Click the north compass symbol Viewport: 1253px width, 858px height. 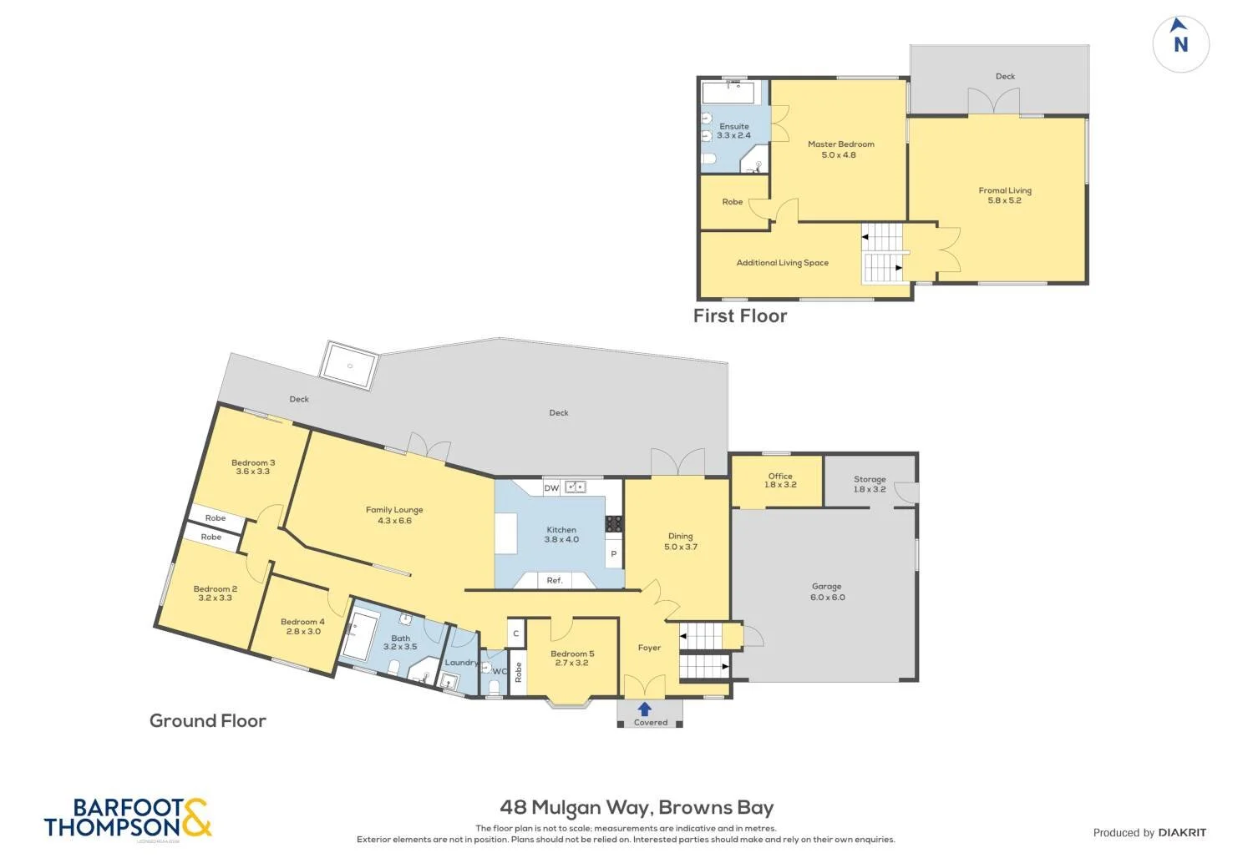pos(1181,44)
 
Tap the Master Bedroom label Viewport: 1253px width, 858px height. pos(840,144)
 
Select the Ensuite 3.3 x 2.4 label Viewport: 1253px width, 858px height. pos(734,131)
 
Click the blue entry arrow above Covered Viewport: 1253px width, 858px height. pos(644,709)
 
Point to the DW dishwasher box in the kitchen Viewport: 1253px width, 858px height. pos(551,488)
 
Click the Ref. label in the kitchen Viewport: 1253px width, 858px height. pos(555,580)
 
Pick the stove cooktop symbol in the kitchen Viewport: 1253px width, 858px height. pos(614,524)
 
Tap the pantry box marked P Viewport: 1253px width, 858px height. pos(614,553)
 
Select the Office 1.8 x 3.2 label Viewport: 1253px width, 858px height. pos(780,480)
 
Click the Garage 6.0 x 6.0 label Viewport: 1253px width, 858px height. pos(827,592)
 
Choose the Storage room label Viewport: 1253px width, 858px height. pos(870,479)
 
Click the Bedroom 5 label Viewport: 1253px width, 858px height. pos(572,654)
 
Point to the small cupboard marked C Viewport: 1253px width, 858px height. pos(515,633)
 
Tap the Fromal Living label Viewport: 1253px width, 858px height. pos(1005,190)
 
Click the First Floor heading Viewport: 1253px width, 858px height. pos(740,315)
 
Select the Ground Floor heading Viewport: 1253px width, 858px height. pos(207,720)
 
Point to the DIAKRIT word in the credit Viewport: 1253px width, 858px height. pos(1182,832)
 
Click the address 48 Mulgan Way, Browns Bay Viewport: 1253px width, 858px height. pos(637,807)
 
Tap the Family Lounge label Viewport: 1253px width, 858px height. pos(394,510)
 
